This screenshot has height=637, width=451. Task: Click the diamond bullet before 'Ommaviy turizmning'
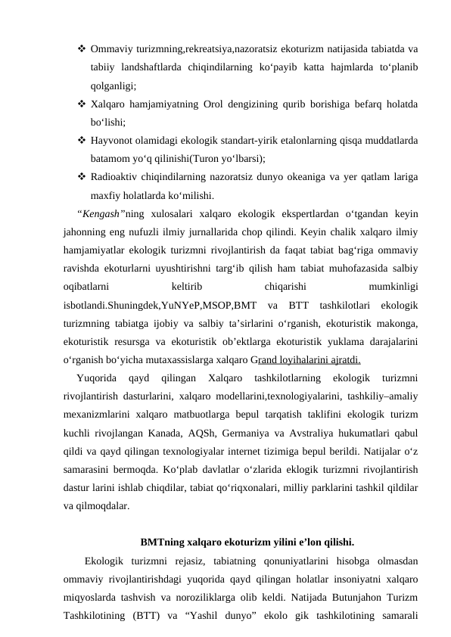81,49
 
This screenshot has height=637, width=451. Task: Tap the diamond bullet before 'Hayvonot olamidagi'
81,140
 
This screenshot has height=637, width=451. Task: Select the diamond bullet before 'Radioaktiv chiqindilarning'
81,177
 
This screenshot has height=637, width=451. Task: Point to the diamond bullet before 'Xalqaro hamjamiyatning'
81,104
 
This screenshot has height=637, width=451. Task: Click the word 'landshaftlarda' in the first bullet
157,68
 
